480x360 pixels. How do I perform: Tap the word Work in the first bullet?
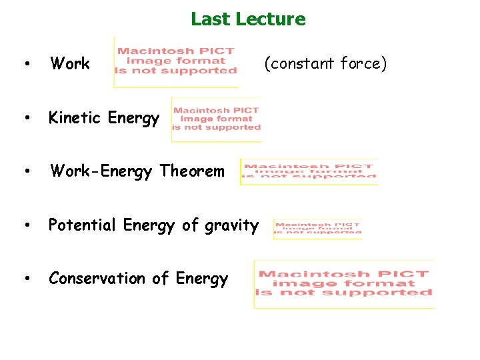(70, 64)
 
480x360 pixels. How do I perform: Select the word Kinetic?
(75, 118)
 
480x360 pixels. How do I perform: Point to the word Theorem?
(193, 171)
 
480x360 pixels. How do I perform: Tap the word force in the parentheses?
(363, 64)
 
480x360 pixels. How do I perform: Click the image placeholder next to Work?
(176, 61)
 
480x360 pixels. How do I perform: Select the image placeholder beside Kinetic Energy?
(216, 119)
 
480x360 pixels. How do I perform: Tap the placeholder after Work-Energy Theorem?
(309, 171)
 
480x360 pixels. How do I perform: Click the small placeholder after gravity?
(317, 229)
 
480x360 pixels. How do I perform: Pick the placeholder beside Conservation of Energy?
(344, 283)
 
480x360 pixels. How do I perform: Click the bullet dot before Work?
(25, 65)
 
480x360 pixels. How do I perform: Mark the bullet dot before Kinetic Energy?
(25, 119)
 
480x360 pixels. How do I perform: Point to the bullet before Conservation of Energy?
(25, 279)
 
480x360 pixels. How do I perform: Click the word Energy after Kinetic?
(133, 119)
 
